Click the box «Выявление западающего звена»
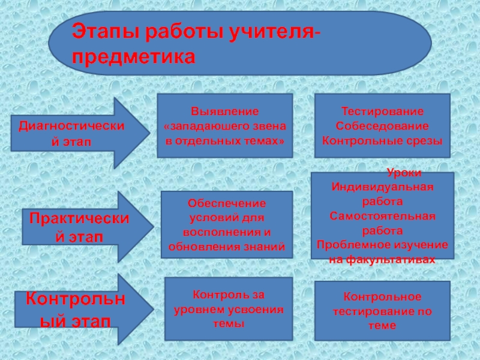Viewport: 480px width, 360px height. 224,125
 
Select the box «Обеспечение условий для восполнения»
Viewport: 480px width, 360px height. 227,224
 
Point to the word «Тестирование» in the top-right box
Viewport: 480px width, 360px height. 382,112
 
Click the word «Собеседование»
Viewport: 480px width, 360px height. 382,126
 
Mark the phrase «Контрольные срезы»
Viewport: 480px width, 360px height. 382,140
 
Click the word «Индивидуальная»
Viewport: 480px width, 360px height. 382,186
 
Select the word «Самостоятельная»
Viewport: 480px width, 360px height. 382,215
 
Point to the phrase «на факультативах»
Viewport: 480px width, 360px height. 382,260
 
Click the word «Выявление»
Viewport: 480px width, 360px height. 224,111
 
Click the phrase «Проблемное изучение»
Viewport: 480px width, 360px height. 382,245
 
